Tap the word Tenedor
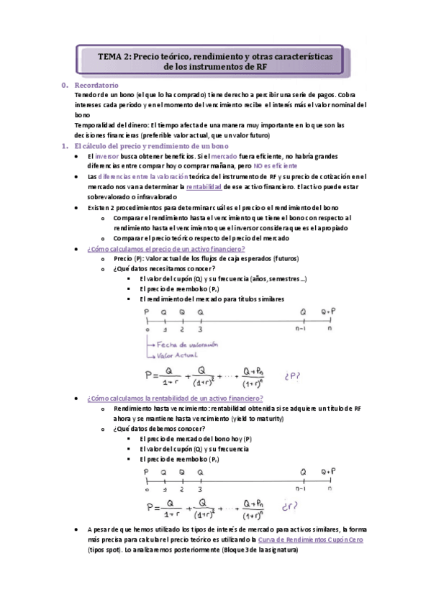coord(88,95)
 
